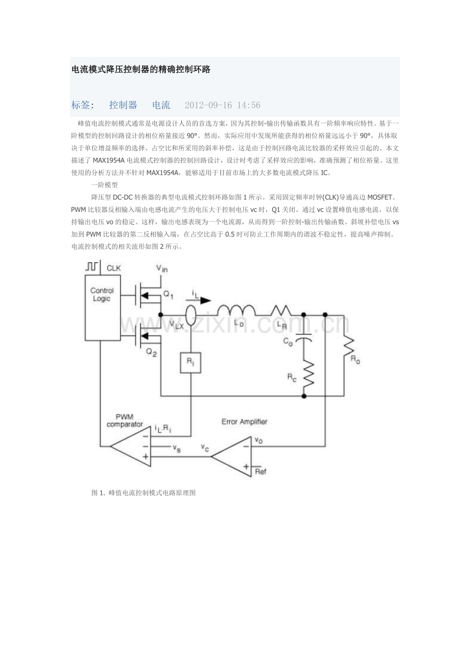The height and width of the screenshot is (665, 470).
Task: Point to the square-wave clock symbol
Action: pyautogui.click(x=92, y=266)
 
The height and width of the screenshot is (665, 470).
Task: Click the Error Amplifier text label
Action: pyautogui.click(x=244, y=421)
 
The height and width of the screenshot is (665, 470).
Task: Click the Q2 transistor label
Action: pyautogui.click(x=152, y=352)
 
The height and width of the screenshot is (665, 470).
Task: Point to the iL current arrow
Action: pyautogui.click(x=201, y=300)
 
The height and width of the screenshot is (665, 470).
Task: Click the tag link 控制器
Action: pyautogui.click(x=123, y=105)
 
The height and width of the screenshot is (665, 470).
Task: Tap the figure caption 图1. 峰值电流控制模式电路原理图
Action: pyautogui.click(x=144, y=493)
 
